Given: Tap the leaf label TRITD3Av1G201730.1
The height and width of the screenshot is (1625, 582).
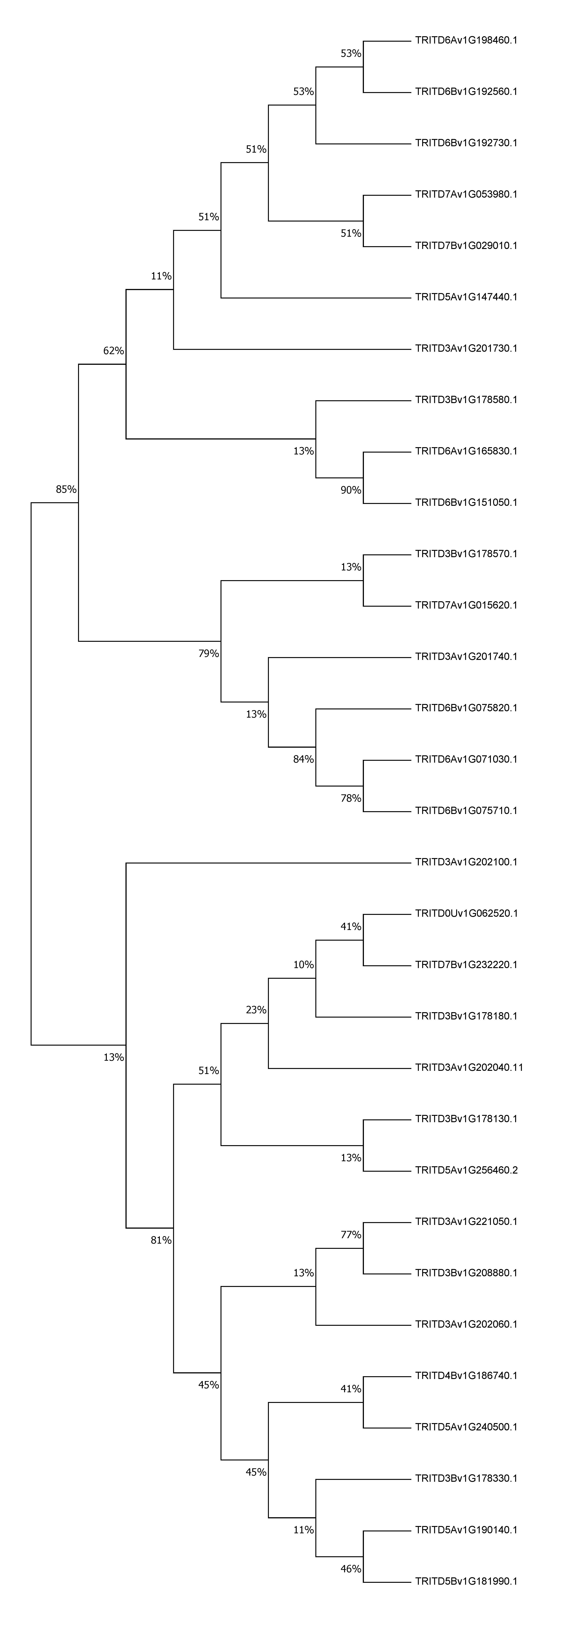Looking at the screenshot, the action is tap(466, 348).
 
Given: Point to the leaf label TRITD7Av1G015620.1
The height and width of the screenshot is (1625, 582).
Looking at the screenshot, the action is tap(466, 605).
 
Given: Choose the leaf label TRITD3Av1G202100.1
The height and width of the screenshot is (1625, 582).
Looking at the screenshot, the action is tap(466, 862).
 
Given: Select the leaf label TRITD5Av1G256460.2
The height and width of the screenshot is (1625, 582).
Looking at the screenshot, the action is tap(466, 1170).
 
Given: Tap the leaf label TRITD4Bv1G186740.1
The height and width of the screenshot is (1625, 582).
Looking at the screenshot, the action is tap(466, 1375).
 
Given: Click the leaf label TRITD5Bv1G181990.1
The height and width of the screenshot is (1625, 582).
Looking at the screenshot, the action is tap(466, 1581).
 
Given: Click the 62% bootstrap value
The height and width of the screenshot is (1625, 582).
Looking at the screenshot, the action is tap(114, 351).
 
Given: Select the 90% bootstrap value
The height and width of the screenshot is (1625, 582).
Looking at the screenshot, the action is tap(351, 490).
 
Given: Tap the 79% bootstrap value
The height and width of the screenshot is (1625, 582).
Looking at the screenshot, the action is tap(209, 654).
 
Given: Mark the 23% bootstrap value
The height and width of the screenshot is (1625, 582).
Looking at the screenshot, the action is tap(256, 1010).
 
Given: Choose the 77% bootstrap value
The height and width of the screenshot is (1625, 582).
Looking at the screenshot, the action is tap(351, 1234).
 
